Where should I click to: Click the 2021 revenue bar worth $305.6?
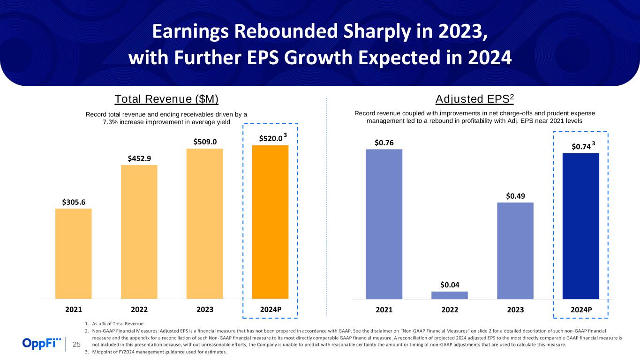(x=73, y=253)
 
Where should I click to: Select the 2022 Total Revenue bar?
(x=139, y=232)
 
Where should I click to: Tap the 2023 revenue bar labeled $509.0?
(x=204, y=224)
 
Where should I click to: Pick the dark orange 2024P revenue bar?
(x=270, y=222)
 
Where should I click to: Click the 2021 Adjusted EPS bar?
(x=384, y=224)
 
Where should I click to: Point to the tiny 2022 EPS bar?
(x=449, y=295)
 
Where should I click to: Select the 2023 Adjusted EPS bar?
(x=515, y=250)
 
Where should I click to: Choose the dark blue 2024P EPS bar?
(x=580, y=225)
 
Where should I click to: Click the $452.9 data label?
(x=139, y=158)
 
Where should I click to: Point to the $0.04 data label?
(x=449, y=285)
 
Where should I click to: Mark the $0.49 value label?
(x=515, y=195)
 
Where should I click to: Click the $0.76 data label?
(x=384, y=142)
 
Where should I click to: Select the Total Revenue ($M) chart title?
(x=167, y=99)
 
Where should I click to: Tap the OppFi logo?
(x=42, y=344)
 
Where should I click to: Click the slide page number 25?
(x=76, y=345)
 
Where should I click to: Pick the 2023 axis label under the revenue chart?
(x=204, y=310)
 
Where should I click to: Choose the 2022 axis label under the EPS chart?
(x=449, y=310)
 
